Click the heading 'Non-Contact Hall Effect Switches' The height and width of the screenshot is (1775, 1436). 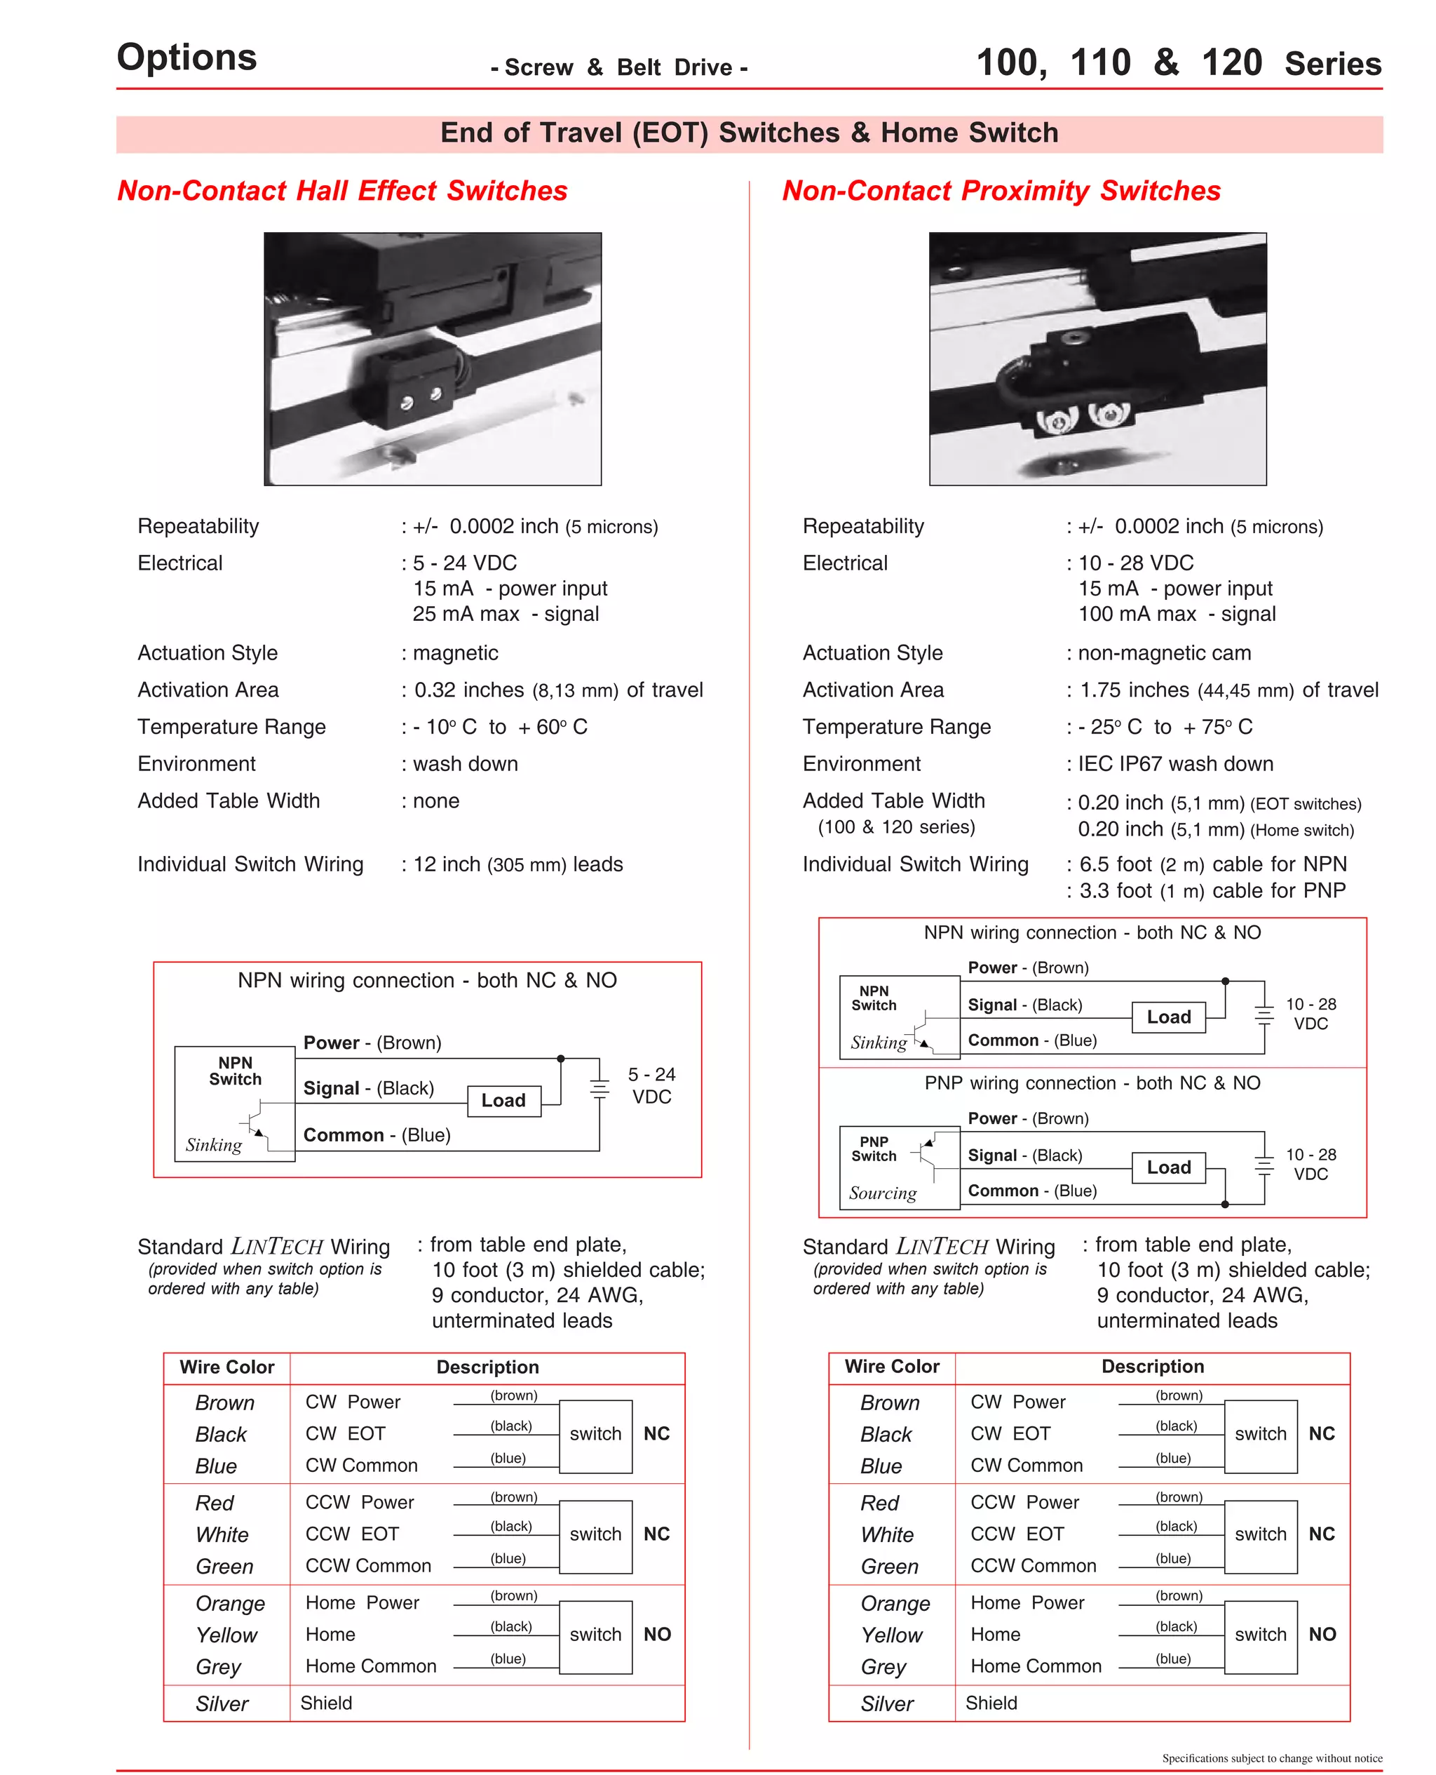[x=341, y=190]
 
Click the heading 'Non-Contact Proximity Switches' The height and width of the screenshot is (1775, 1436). [x=1001, y=190]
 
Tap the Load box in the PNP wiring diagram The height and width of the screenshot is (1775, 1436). [x=1168, y=1167]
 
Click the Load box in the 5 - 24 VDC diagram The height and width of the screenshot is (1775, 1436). [x=503, y=1101]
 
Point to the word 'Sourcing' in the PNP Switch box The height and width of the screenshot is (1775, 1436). [x=883, y=1193]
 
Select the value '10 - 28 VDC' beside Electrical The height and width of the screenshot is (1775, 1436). [x=1136, y=563]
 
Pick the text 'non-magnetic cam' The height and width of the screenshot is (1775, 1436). [x=1164, y=653]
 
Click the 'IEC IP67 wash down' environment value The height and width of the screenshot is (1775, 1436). [x=1174, y=764]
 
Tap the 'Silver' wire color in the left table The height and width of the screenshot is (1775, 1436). [x=222, y=1704]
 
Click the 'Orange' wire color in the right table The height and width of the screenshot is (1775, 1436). [x=895, y=1604]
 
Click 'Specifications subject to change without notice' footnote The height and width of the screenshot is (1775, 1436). [x=1271, y=1758]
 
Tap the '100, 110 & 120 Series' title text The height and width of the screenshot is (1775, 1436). [x=1178, y=63]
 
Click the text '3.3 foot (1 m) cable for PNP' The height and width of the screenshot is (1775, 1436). [x=1212, y=890]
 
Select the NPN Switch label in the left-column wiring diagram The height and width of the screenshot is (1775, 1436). [x=235, y=1071]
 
